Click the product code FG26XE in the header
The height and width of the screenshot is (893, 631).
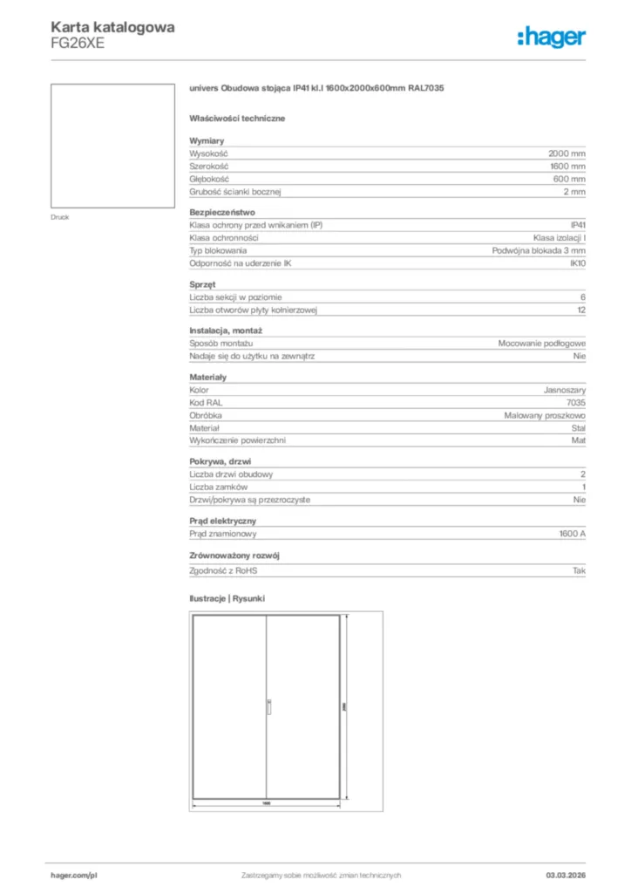(78, 44)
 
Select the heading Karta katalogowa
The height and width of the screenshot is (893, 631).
(112, 27)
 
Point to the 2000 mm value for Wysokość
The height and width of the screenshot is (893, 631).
(567, 153)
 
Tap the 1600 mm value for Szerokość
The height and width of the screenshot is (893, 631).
(567, 166)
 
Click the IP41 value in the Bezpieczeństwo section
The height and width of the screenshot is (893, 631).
(577, 225)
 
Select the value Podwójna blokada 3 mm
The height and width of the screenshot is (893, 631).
(539, 250)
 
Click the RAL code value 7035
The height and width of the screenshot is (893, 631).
(575, 403)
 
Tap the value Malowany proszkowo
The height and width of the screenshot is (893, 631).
(545, 416)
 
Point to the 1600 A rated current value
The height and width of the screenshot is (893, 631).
(572, 533)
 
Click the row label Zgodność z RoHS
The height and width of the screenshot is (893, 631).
(224, 570)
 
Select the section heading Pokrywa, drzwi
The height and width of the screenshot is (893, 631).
(221, 461)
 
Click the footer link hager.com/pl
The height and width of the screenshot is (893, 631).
(74, 875)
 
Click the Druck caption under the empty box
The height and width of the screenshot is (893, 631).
(59, 217)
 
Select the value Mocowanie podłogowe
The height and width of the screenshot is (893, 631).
(541, 344)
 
